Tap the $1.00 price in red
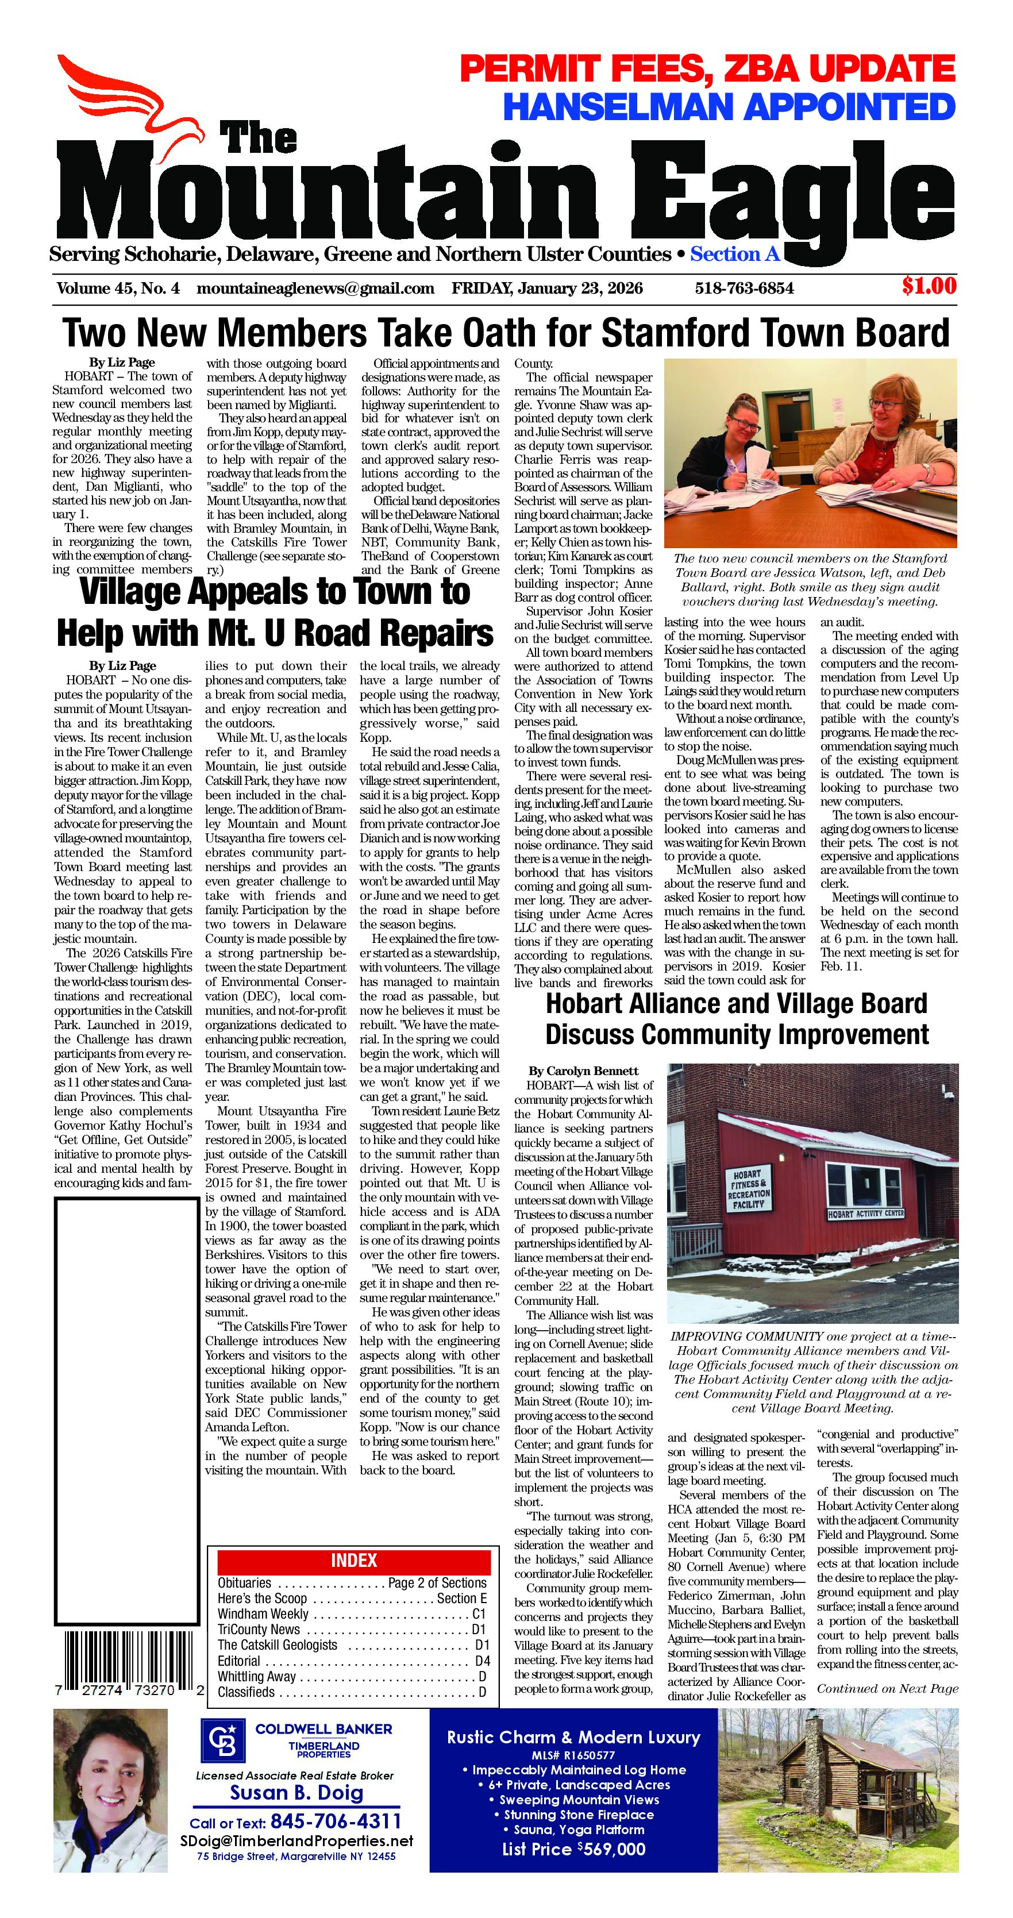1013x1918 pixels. click(x=928, y=286)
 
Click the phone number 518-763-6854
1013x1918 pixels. click(x=744, y=288)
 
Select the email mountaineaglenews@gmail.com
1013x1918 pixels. click(x=315, y=288)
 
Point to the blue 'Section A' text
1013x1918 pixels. click(x=735, y=255)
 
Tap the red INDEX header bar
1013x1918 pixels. click(x=353, y=1561)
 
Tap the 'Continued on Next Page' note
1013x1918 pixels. click(x=887, y=1689)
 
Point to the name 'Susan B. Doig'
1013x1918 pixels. click(x=296, y=1793)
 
